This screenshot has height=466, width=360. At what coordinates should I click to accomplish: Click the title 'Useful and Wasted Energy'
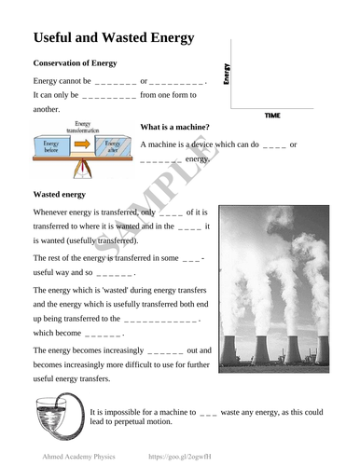coord(113,38)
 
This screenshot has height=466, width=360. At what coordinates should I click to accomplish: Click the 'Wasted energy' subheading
coord(62,195)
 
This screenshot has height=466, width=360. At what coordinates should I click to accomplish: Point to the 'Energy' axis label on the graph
coord(227,74)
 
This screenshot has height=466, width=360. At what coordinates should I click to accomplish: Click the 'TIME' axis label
coord(272,116)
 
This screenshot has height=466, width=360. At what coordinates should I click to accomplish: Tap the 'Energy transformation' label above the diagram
coord(83,127)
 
